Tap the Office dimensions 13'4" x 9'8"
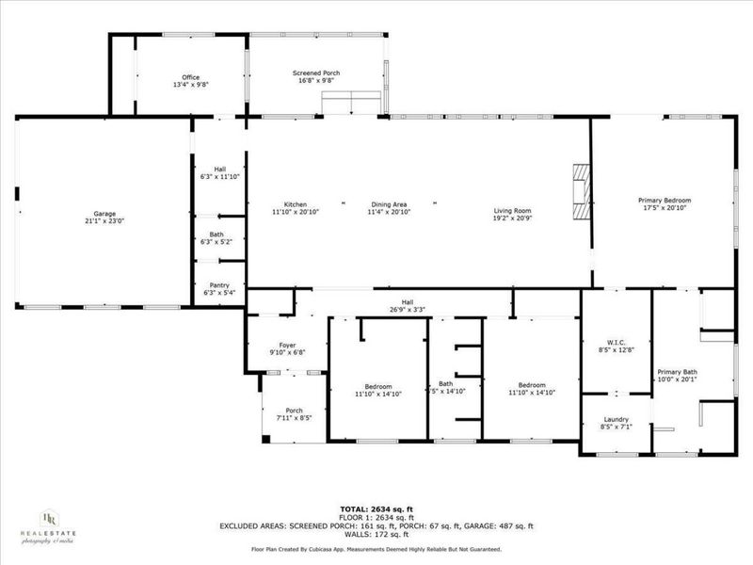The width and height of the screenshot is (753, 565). (x=190, y=85)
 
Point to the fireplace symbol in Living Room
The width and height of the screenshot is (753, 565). (x=582, y=192)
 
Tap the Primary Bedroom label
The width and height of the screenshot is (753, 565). (x=665, y=201)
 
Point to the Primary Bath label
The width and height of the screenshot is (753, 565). (x=677, y=372)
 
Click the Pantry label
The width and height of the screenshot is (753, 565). (x=218, y=286)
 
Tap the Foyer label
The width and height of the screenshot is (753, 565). (x=288, y=346)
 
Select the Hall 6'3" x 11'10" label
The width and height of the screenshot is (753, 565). (x=218, y=169)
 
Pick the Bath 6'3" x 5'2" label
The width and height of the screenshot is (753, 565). (x=218, y=234)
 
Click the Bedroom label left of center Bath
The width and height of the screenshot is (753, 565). (x=378, y=387)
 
